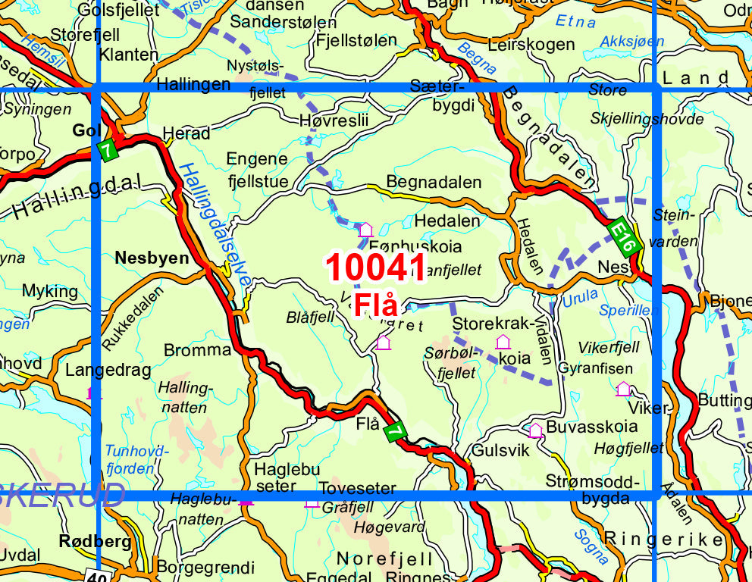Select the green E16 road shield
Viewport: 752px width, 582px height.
[x=624, y=238]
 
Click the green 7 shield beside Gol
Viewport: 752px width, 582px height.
[x=108, y=150]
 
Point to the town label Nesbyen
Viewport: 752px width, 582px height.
[x=152, y=258]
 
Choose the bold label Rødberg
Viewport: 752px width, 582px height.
[x=95, y=542]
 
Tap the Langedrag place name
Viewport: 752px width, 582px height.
[x=108, y=371]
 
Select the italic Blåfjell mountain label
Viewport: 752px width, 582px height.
[x=310, y=318]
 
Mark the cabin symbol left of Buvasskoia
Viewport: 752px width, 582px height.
[x=535, y=430]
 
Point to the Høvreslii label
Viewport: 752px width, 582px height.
[x=334, y=120]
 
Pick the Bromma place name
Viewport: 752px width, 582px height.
[x=197, y=350]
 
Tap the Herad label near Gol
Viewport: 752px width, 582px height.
[x=186, y=133]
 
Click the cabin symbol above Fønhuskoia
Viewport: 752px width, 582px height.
[x=365, y=229]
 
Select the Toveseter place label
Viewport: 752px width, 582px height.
[x=358, y=488]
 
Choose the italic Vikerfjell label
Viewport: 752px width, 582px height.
[x=609, y=347]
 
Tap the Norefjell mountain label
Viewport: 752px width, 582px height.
[x=385, y=559]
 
